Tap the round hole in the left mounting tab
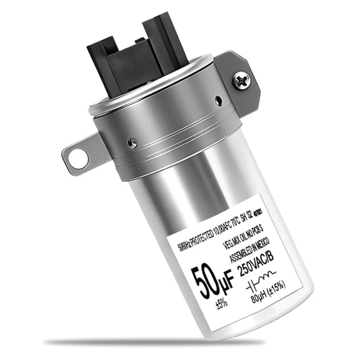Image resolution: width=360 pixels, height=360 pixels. point(78,157)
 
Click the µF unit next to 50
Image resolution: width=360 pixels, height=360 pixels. point(224,276)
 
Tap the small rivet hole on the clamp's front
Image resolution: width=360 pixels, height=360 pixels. point(132,142)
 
